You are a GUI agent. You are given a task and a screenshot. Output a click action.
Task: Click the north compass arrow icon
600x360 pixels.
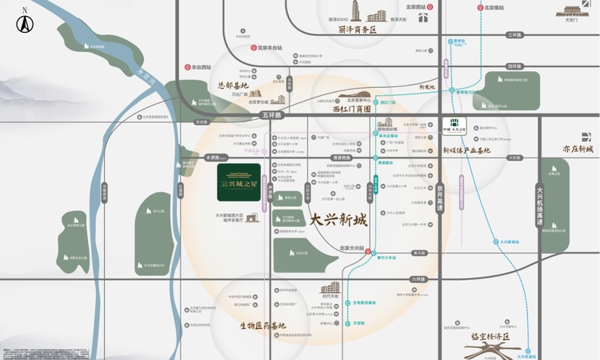point(25,22)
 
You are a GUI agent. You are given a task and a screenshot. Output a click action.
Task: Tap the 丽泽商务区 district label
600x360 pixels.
point(357,30)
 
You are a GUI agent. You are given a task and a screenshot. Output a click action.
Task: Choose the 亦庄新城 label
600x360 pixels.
point(577,150)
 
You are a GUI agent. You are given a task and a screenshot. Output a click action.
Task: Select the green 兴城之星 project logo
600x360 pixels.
point(228,182)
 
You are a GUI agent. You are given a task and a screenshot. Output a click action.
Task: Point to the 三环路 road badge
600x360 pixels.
point(513,35)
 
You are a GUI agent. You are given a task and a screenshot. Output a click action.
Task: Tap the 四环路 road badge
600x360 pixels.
point(513,66)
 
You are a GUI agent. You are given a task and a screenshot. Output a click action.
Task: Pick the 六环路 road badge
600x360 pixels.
point(415,279)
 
